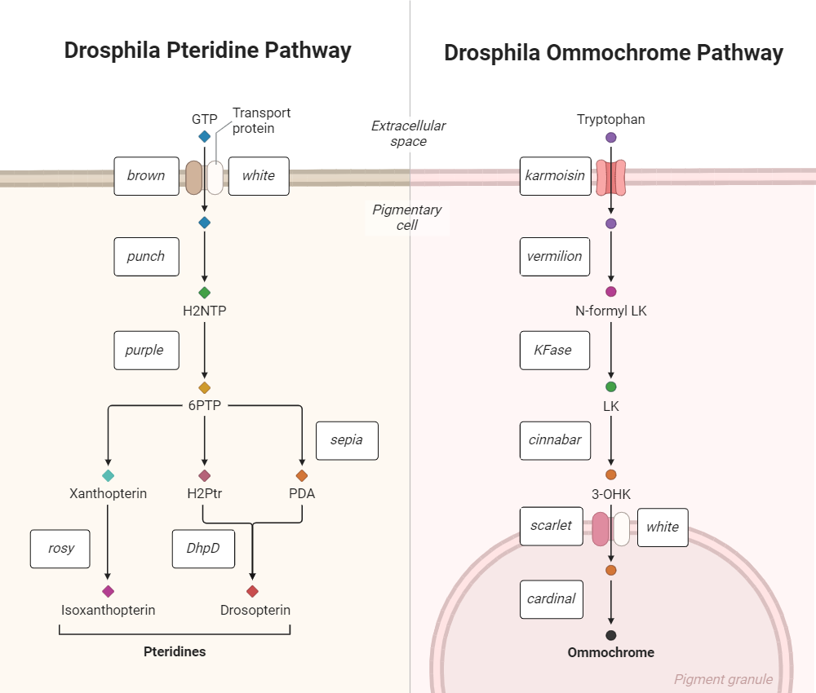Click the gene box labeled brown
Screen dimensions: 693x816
point(146,176)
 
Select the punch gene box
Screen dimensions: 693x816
point(146,257)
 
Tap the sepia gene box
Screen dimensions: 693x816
point(347,440)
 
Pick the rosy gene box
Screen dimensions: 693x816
point(61,549)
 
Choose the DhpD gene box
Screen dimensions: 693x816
point(203,549)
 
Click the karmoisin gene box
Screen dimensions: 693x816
point(555,176)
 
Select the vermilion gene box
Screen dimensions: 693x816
point(555,257)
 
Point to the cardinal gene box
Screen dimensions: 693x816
point(552,599)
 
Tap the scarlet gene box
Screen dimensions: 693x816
point(552,526)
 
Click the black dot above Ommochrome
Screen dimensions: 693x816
point(611,635)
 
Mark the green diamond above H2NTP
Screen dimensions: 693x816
point(204,293)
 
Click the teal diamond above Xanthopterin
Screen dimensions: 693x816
point(108,475)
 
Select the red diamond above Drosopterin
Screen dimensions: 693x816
point(252,591)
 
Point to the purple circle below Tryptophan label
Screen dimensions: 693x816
point(611,138)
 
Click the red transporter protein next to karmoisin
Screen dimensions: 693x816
point(611,177)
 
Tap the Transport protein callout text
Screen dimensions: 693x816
point(261,121)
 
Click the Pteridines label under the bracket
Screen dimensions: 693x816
point(175,652)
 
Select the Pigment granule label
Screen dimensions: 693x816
point(723,679)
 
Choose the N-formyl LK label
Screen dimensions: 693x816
point(611,311)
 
